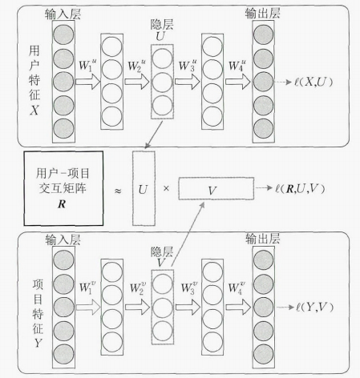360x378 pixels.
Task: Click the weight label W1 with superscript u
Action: tap(87, 65)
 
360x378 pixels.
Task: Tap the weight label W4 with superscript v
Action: tap(237, 288)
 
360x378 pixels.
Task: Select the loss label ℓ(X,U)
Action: tap(313, 82)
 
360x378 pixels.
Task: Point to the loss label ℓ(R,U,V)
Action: tap(300, 188)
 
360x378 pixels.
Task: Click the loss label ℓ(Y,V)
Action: tap(314, 308)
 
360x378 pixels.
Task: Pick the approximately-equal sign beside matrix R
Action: tap(118, 191)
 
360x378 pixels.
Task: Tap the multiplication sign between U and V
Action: tap(166, 188)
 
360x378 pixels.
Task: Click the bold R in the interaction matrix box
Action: tap(62, 204)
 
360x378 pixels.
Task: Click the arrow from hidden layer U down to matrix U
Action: tap(154, 135)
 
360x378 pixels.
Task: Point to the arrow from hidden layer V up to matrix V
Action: tap(187, 234)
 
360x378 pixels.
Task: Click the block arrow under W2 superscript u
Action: tap(137, 82)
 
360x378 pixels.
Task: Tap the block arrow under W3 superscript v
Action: tap(188, 307)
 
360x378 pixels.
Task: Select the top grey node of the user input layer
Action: tap(63, 34)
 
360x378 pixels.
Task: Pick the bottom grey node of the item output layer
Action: tap(264, 354)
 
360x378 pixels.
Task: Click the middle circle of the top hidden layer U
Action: tap(162, 82)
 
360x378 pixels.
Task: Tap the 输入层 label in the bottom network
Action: tap(63, 239)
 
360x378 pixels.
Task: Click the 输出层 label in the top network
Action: tap(263, 14)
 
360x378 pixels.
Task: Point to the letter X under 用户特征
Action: tap(34, 110)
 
